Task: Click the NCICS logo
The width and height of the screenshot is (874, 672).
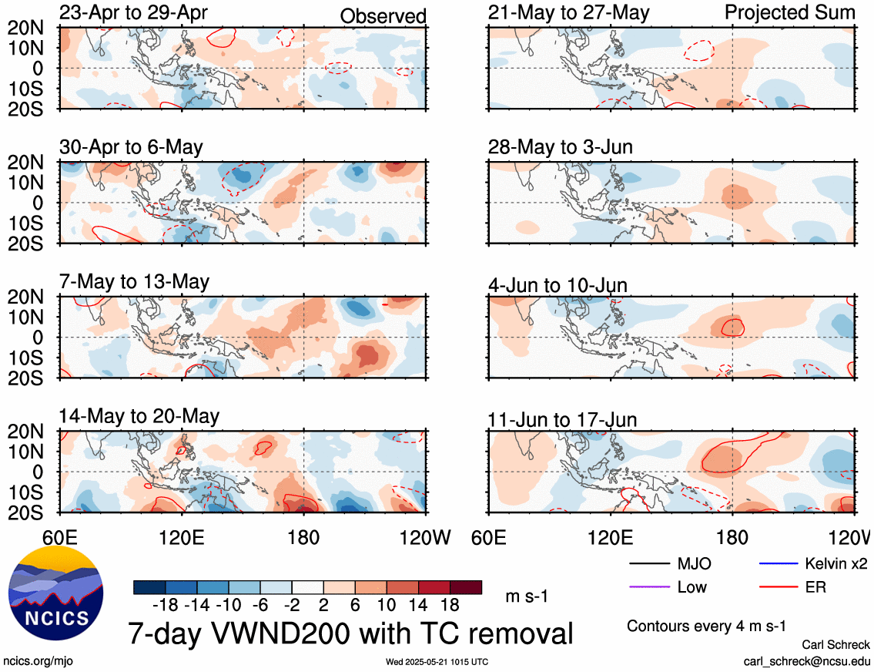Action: pos(56,593)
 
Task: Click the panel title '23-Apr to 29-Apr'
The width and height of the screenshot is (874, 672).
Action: pos(133,12)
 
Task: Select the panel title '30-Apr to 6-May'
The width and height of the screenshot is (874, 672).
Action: pos(131,147)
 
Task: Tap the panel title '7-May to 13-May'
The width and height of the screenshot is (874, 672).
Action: pos(134,281)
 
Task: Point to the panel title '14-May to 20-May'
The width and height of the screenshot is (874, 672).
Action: pos(139,417)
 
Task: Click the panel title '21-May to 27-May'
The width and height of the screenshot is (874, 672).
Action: pos(568,12)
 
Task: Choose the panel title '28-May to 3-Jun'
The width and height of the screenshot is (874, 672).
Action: pos(560,147)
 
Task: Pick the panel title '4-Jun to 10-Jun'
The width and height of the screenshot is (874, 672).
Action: pos(558,286)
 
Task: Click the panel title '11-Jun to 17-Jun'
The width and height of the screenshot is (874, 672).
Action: pos(562,420)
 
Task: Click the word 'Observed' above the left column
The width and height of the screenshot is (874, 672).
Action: pos(383,16)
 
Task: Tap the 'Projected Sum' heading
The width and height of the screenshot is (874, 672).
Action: pos(790,13)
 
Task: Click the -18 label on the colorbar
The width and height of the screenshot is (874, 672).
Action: pos(165,605)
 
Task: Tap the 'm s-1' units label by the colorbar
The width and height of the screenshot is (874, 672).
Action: pos(527,596)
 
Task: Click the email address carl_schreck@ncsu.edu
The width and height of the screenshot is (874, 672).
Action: pos(806,661)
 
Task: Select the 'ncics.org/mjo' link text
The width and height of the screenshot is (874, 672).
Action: pos(37,661)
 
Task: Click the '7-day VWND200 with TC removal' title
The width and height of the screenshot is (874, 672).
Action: pos(351,633)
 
